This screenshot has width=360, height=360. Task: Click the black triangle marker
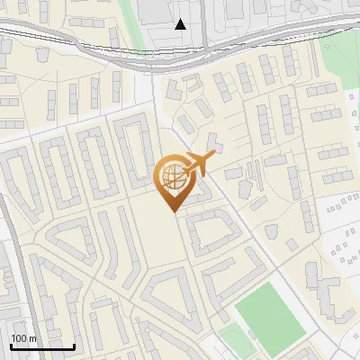(x=182, y=24)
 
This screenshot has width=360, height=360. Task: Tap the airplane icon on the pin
(x=195, y=165)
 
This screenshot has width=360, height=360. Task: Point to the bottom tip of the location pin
(x=172, y=211)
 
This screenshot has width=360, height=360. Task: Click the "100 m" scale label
(x=23, y=337)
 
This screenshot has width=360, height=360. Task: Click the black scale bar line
(x=42, y=346)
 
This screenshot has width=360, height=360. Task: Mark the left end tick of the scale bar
(x=11, y=345)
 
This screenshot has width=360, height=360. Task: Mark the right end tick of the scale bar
(x=74, y=345)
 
